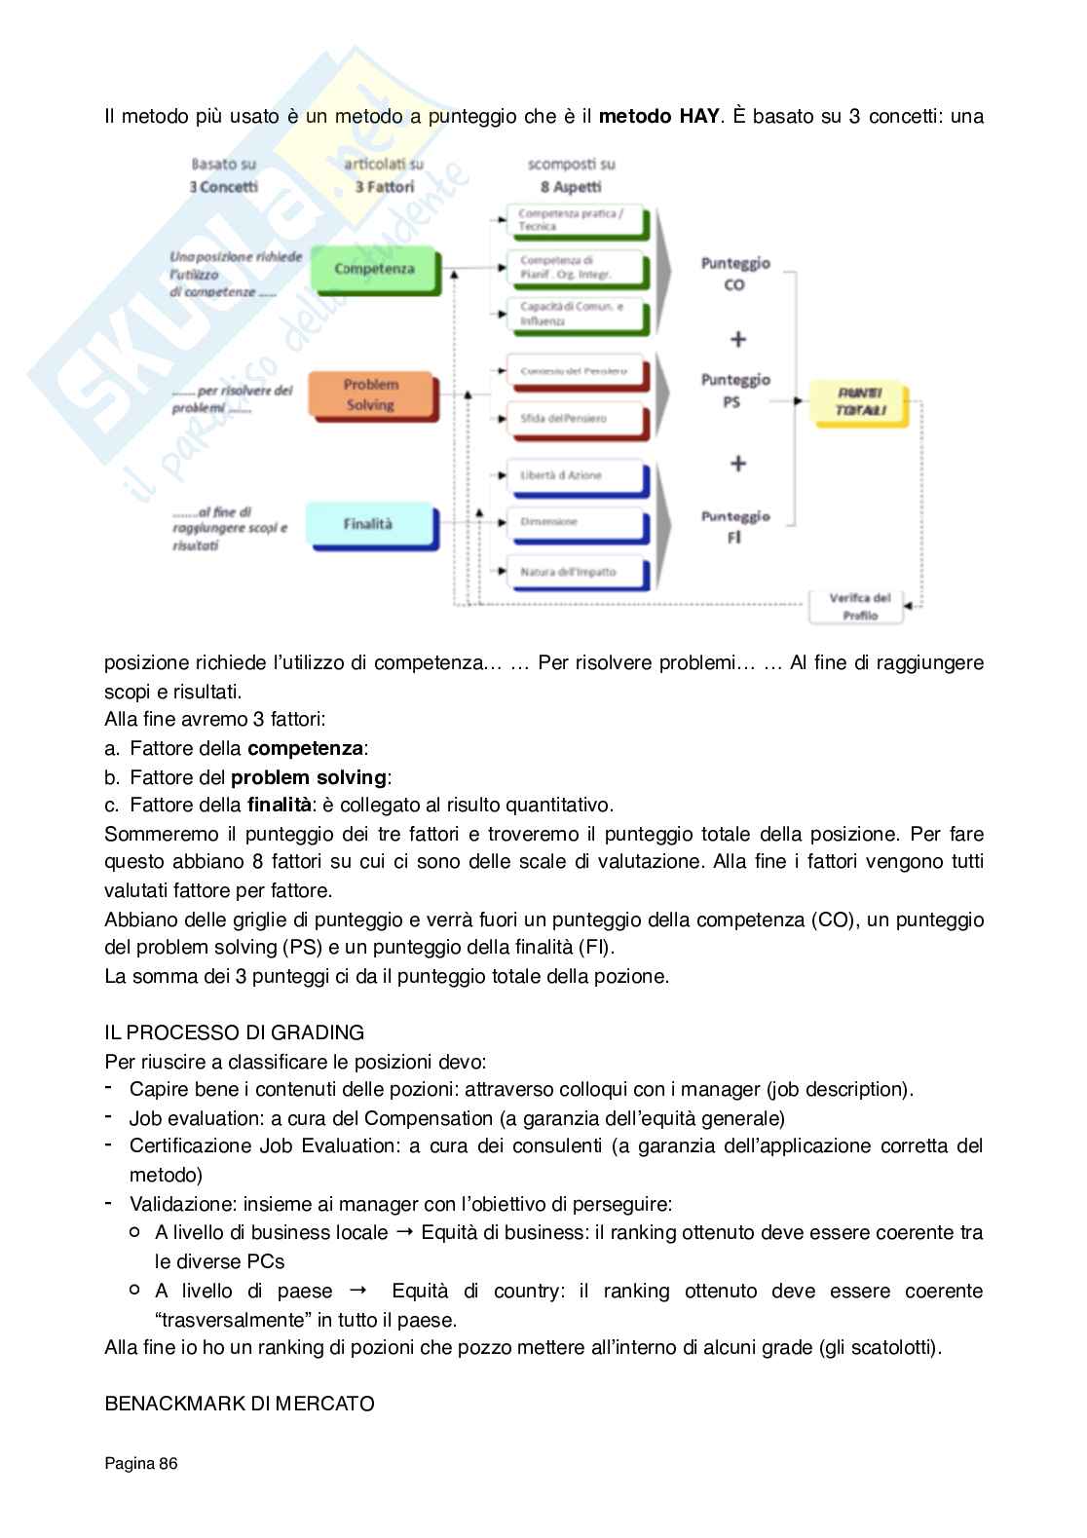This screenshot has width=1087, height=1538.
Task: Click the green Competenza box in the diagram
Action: click(374, 269)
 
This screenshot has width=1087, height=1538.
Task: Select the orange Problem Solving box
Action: click(370, 394)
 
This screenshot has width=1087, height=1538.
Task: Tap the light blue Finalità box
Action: click(368, 524)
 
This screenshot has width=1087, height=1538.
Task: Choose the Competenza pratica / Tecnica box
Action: click(575, 220)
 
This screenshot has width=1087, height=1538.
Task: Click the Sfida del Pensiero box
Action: click(575, 418)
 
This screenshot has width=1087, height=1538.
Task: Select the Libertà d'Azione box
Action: click(575, 475)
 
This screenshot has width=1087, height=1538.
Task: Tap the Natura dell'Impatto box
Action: click(575, 572)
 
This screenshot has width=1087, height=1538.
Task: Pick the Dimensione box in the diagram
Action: click(575, 522)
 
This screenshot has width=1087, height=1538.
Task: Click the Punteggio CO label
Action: click(735, 274)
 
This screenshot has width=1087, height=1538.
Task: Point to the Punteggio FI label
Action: click(735, 526)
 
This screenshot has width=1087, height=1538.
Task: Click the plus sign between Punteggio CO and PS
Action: click(738, 339)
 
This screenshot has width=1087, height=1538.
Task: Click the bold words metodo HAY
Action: click(658, 117)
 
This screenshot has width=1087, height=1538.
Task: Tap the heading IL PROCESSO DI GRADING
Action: click(235, 1032)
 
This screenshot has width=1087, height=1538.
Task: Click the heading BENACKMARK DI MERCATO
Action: click(240, 1404)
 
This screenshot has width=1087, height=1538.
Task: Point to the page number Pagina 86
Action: click(141, 1463)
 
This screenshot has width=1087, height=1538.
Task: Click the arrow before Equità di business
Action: click(404, 1232)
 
